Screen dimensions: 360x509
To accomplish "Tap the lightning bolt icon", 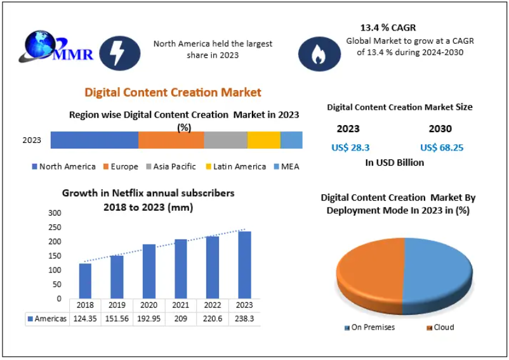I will pos(117,53).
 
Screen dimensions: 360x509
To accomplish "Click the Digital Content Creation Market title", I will pos(173,93).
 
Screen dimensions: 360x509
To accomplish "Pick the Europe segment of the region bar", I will pos(171,140).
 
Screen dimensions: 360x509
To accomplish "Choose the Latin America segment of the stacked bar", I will pos(263,140).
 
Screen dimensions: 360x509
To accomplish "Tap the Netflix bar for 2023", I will pos(244,265).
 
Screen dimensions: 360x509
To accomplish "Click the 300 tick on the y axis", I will pos(55,213).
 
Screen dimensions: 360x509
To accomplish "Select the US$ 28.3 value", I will pos(350,147).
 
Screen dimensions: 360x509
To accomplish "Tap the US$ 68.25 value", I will pos(442,147).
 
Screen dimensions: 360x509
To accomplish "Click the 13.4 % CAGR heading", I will pos(389,28).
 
